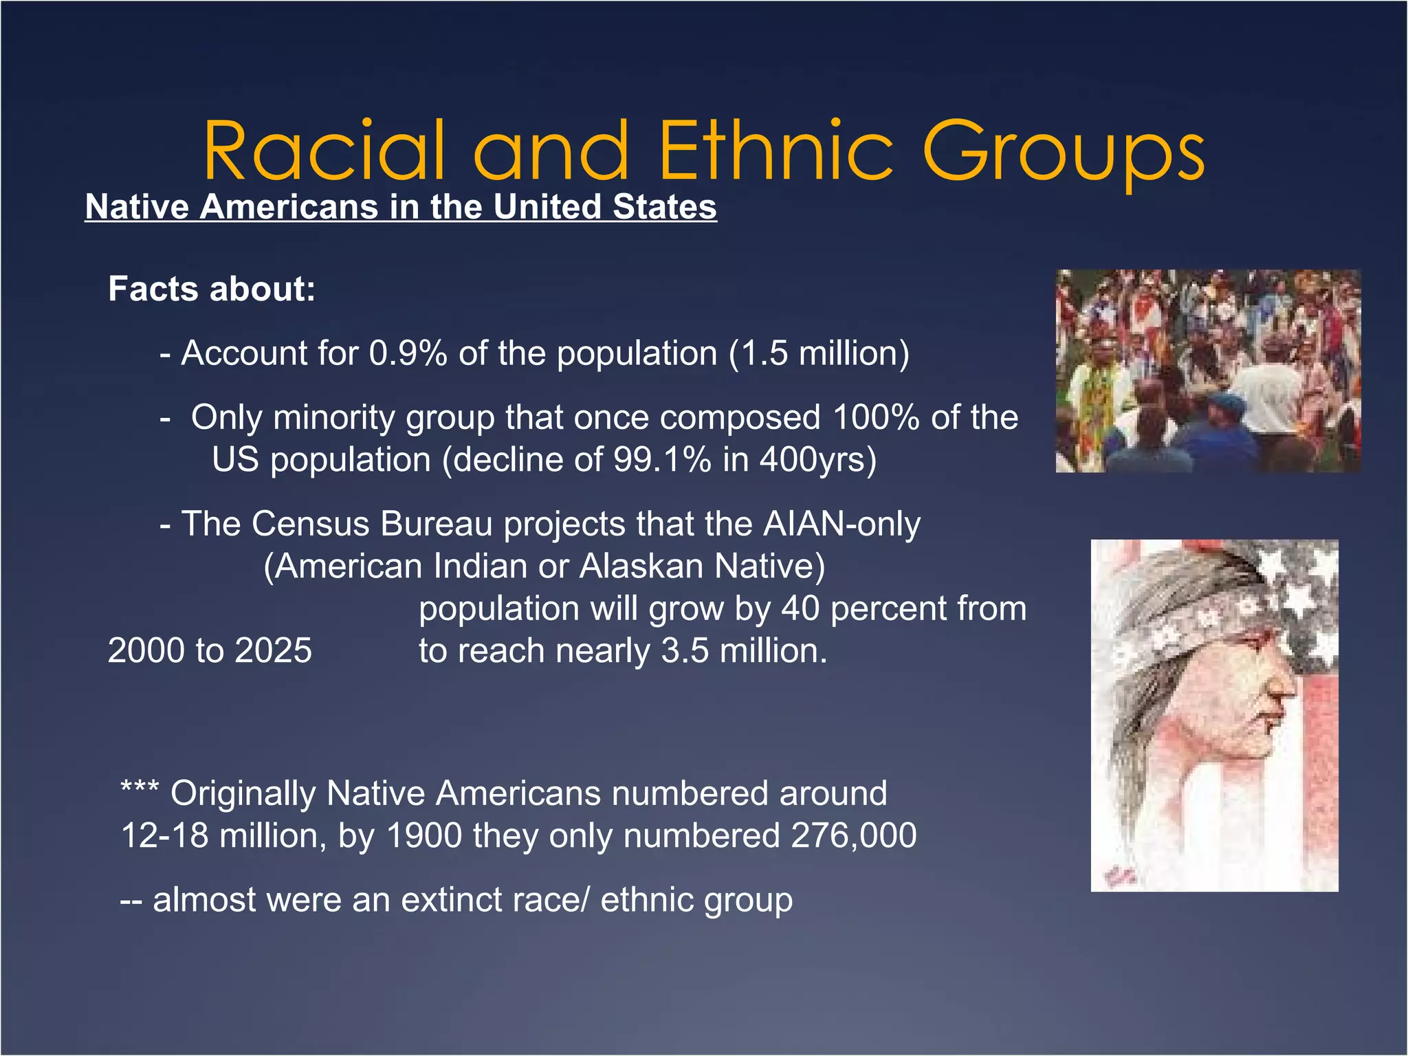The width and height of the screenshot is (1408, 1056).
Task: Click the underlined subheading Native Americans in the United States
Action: pos(401,207)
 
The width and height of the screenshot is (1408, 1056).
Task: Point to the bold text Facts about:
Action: pos(212,289)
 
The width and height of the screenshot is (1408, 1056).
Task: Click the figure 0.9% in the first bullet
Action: pos(408,353)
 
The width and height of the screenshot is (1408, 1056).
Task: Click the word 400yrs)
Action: pos(817,459)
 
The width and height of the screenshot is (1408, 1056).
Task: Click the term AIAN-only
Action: pos(841,524)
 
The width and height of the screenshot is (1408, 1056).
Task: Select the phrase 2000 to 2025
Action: pos(210,650)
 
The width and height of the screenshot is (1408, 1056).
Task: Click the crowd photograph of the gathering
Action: pos(1208,371)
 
